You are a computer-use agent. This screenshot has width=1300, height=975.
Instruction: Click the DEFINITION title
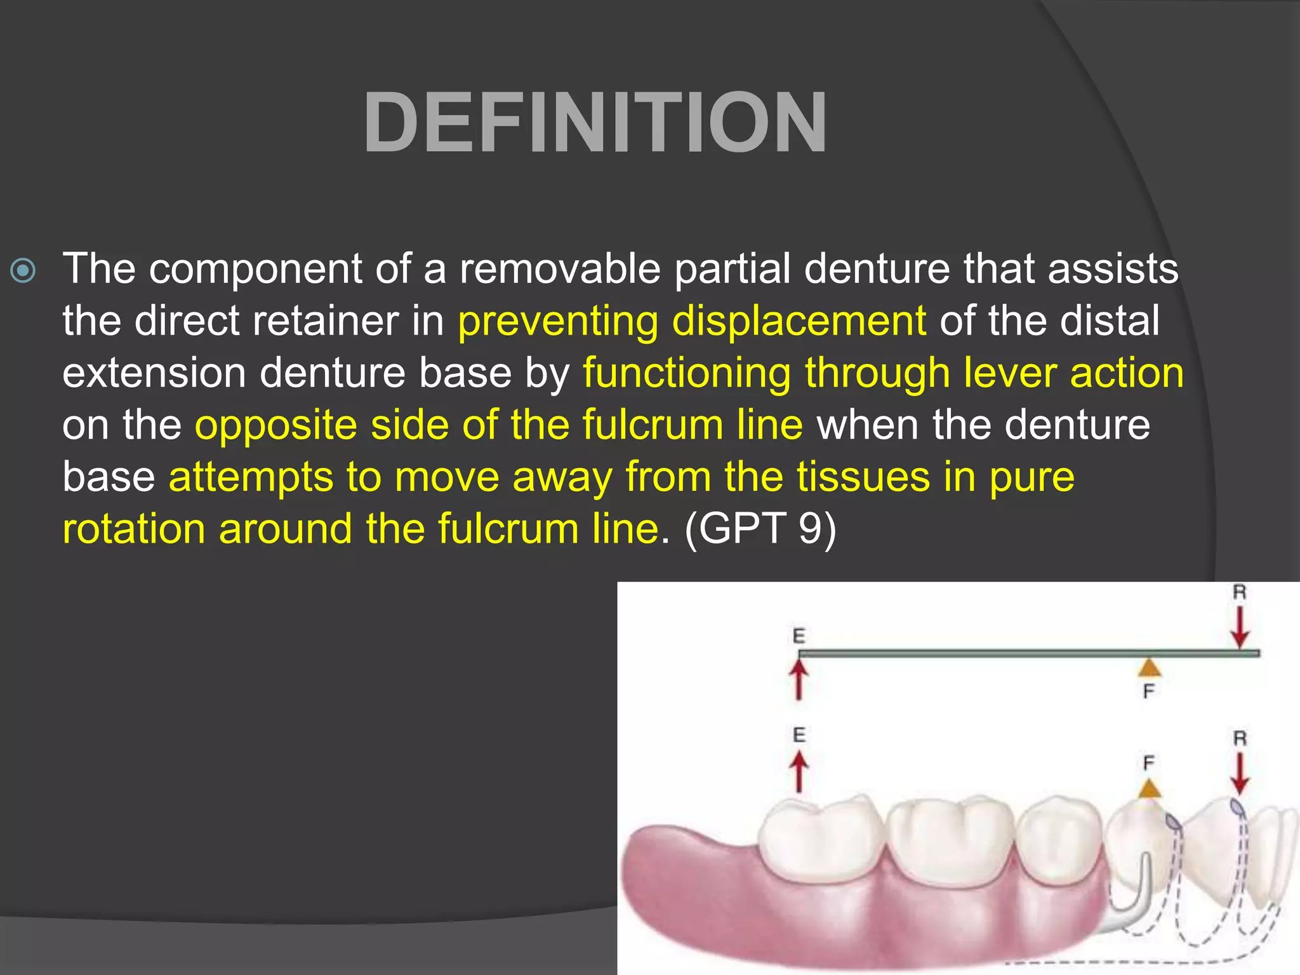[x=595, y=123]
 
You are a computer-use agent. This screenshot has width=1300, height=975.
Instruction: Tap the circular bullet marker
[x=23, y=271]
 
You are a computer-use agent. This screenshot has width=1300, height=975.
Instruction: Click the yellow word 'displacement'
[x=799, y=321]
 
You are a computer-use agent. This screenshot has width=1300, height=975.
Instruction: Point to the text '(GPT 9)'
[x=760, y=528]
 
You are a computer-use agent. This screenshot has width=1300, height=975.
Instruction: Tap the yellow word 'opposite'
[x=275, y=425]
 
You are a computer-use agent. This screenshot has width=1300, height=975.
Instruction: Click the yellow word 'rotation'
[x=133, y=529]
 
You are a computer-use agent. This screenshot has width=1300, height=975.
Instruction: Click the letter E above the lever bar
[x=799, y=635]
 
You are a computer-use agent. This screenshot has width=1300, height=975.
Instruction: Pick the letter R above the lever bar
[x=1239, y=593]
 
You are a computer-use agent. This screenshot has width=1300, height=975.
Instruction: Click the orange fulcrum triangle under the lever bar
[x=1149, y=668]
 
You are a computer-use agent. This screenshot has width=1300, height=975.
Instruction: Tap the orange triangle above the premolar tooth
[x=1149, y=789]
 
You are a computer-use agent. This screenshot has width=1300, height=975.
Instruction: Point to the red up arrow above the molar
[x=799, y=772]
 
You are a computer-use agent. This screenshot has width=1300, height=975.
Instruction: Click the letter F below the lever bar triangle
[x=1149, y=691]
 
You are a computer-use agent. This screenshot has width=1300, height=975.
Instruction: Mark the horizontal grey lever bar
[x=1016, y=653]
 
